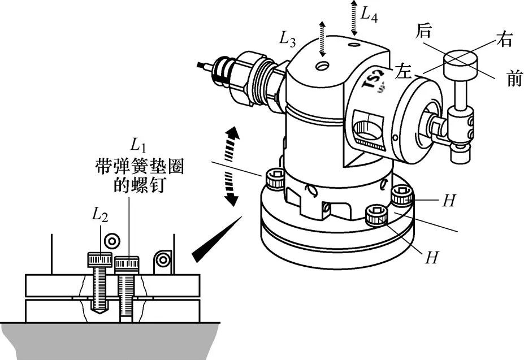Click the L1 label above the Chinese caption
138,145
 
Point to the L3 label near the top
287,40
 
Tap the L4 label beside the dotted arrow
369,15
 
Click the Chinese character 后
423,31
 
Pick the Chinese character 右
504,39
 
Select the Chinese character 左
403,71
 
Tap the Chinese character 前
514,79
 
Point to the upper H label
449,200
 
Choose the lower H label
431,257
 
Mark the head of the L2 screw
100,260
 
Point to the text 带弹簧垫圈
140,166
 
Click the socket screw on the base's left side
275,179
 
